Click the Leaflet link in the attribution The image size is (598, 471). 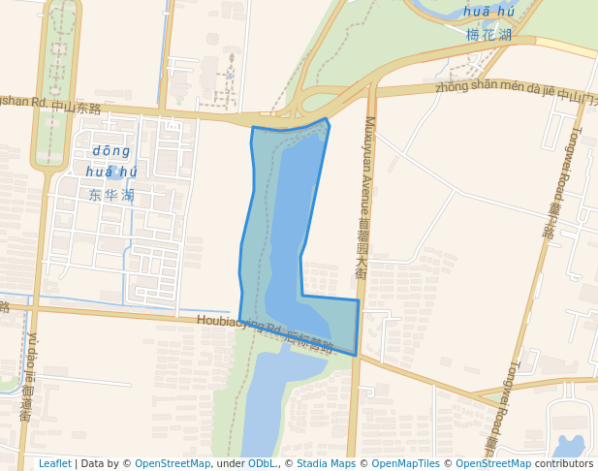[x=54, y=463]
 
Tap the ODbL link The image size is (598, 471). [x=262, y=463]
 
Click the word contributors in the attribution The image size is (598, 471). [x=563, y=463]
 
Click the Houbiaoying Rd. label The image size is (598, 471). [x=238, y=323]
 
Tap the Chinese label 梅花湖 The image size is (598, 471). [x=488, y=35]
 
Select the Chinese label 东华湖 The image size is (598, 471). [x=110, y=195]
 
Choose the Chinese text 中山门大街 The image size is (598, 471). [x=578, y=95]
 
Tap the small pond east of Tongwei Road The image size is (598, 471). [x=569, y=447]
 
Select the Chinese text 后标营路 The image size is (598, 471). [x=310, y=342]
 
